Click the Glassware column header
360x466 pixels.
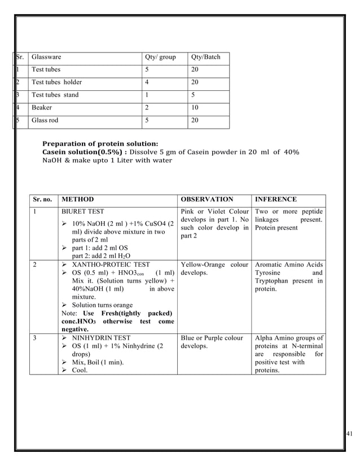[x=46, y=58]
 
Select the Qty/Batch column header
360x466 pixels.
[x=206, y=58]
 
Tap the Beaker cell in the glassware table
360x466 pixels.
[x=42, y=107]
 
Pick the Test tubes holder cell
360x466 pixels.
[x=56, y=82]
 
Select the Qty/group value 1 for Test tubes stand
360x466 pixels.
[x=147, y=95]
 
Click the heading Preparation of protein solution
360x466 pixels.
[x=100, y=143]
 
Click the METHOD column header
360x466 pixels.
[x=78, y=200]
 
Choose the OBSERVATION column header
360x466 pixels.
[x=207, y=200]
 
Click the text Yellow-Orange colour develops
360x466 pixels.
[x=214, y=269]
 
